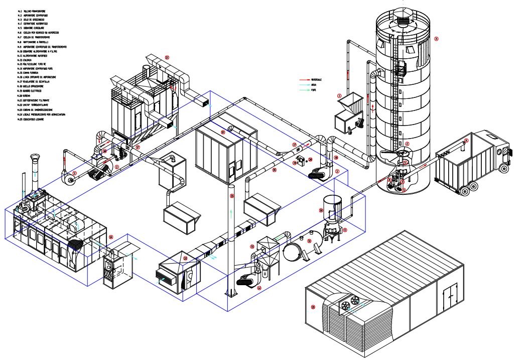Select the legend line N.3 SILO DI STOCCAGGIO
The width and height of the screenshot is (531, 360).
(x=32, y=20)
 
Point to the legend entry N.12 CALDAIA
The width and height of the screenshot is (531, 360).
(x=28, y=60)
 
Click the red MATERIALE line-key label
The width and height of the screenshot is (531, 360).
(x=317, y=80)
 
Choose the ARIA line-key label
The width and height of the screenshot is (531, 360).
(x=313, y=85)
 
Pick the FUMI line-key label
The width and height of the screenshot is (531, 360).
(x=313, y=91)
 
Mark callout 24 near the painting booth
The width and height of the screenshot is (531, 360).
(x=111, y=237)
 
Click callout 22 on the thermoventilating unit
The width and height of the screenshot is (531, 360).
(x=185, y=259)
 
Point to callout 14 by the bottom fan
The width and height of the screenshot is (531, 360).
(x=259, y=288)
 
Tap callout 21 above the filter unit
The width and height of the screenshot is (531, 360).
(x=167, y=58)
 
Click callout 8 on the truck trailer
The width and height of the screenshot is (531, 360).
(x=466, y=141)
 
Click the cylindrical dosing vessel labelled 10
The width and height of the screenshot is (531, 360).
(x=332, y=206)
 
